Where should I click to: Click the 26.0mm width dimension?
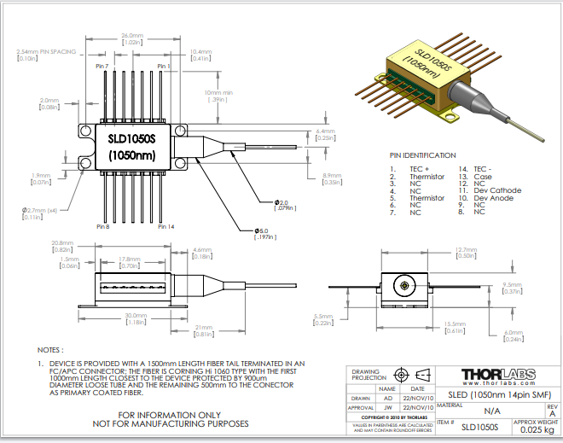click(x=132, y=35)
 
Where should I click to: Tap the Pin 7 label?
click(x=102, y=66)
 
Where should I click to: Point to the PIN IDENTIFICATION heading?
click(x=423, y=156)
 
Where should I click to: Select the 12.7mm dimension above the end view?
click(x=466, y=249)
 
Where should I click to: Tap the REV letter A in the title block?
click(x=551, y=411)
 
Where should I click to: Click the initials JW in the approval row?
click(x=388, y=408)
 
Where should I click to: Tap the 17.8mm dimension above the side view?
click(x=129, y=259)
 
